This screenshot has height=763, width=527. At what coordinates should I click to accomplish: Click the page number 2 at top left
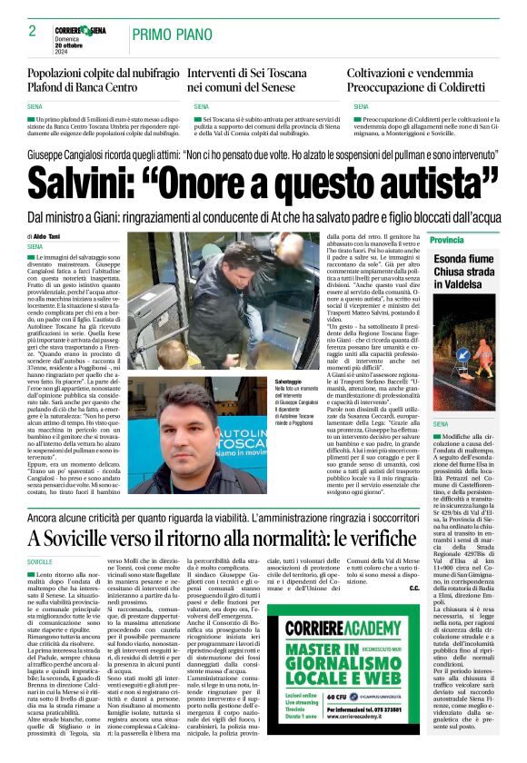[32, 31]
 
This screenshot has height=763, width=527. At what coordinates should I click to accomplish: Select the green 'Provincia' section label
[446, 240]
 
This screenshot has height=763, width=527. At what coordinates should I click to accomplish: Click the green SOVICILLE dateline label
[41, 563]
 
